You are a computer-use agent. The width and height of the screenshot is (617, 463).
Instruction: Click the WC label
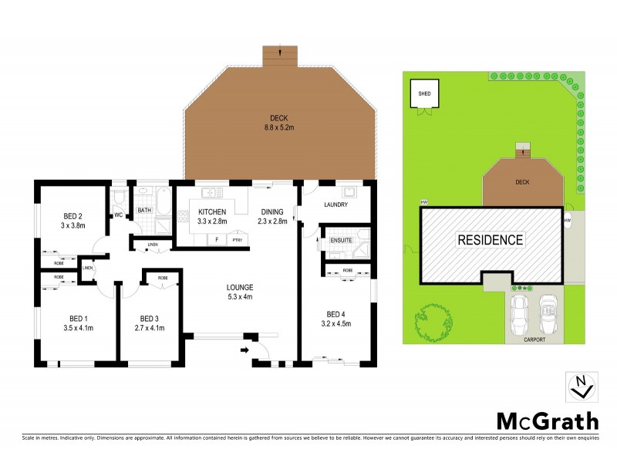pos(119,215)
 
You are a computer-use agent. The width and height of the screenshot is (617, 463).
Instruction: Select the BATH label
pos(144,210)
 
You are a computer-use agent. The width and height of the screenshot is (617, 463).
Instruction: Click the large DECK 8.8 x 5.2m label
pos(279,123)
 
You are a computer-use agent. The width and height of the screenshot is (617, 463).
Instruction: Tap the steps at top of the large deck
pos(279,56)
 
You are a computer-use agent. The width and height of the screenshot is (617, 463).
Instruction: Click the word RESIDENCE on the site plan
pos(491,240)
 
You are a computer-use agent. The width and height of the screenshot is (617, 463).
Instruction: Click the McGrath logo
pos(546,421)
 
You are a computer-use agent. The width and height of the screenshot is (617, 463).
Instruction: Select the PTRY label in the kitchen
pos(237,240)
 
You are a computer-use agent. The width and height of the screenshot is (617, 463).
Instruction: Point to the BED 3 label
pos(150,323)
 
